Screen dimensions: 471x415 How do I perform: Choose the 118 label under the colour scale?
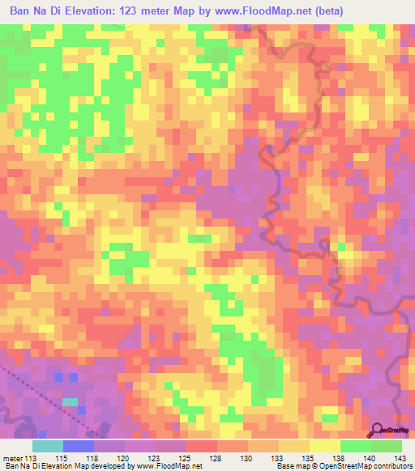(x=94, y=459)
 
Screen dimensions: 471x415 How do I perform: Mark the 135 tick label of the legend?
(x=309, y=459)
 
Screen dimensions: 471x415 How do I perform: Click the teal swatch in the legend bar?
(x=48, y=446)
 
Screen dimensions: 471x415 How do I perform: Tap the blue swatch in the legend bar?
(x=79, y=446)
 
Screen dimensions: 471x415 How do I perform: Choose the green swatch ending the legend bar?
(x=387, y=446)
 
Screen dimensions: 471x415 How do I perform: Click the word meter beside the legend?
(x=14, y=459)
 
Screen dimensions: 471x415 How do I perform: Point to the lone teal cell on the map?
(x=71, y=401)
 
